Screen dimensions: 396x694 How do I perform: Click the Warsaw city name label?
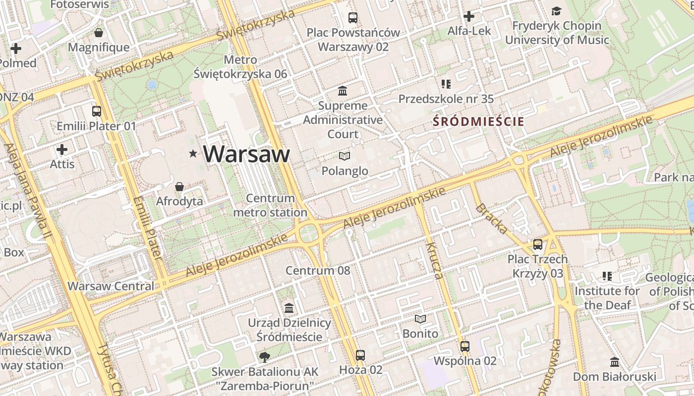point(246,154)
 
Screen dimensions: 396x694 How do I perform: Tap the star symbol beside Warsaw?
point(193,154)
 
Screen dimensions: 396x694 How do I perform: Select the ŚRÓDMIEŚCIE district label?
point(478,121)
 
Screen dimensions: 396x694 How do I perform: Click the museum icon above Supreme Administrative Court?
point(343,91)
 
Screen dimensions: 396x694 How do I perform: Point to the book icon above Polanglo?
point(345,156)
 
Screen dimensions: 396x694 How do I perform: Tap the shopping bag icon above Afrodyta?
point(179,187)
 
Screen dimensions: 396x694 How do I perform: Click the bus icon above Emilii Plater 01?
point(97,111)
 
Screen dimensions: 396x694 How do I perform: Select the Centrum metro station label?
point(270,205)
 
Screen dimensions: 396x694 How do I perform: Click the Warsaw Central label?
point(111,286)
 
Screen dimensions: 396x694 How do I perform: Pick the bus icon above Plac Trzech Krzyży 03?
point(538,244)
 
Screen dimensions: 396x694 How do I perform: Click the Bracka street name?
point(491,218)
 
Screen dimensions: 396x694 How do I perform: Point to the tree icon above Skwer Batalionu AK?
point(265,357)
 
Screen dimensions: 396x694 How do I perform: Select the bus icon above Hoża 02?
point(360,355)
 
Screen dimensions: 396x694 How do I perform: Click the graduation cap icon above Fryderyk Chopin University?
point(557,11)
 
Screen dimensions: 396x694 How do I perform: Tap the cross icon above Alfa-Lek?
point(468,16)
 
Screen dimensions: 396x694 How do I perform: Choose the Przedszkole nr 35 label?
point(446,99)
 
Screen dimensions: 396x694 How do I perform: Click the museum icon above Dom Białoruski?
point(615,362)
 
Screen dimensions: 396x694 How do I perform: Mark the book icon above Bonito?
point(420,319)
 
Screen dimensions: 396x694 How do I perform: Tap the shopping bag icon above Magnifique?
point(99,33)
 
